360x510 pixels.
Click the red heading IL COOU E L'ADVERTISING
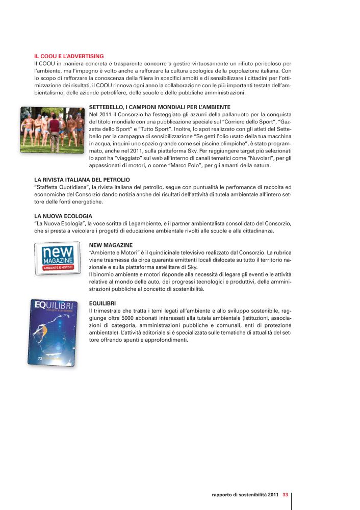(x=69, y=56)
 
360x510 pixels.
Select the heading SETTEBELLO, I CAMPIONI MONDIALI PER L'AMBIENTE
(x=160, y=107)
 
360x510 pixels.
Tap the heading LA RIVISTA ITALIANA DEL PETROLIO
(x=82, y=180)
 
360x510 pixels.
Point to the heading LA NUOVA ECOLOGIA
(x=63, y=216)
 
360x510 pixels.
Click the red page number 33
(x=286, y=494)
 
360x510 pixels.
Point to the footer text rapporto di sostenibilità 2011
(x=245, y=494)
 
